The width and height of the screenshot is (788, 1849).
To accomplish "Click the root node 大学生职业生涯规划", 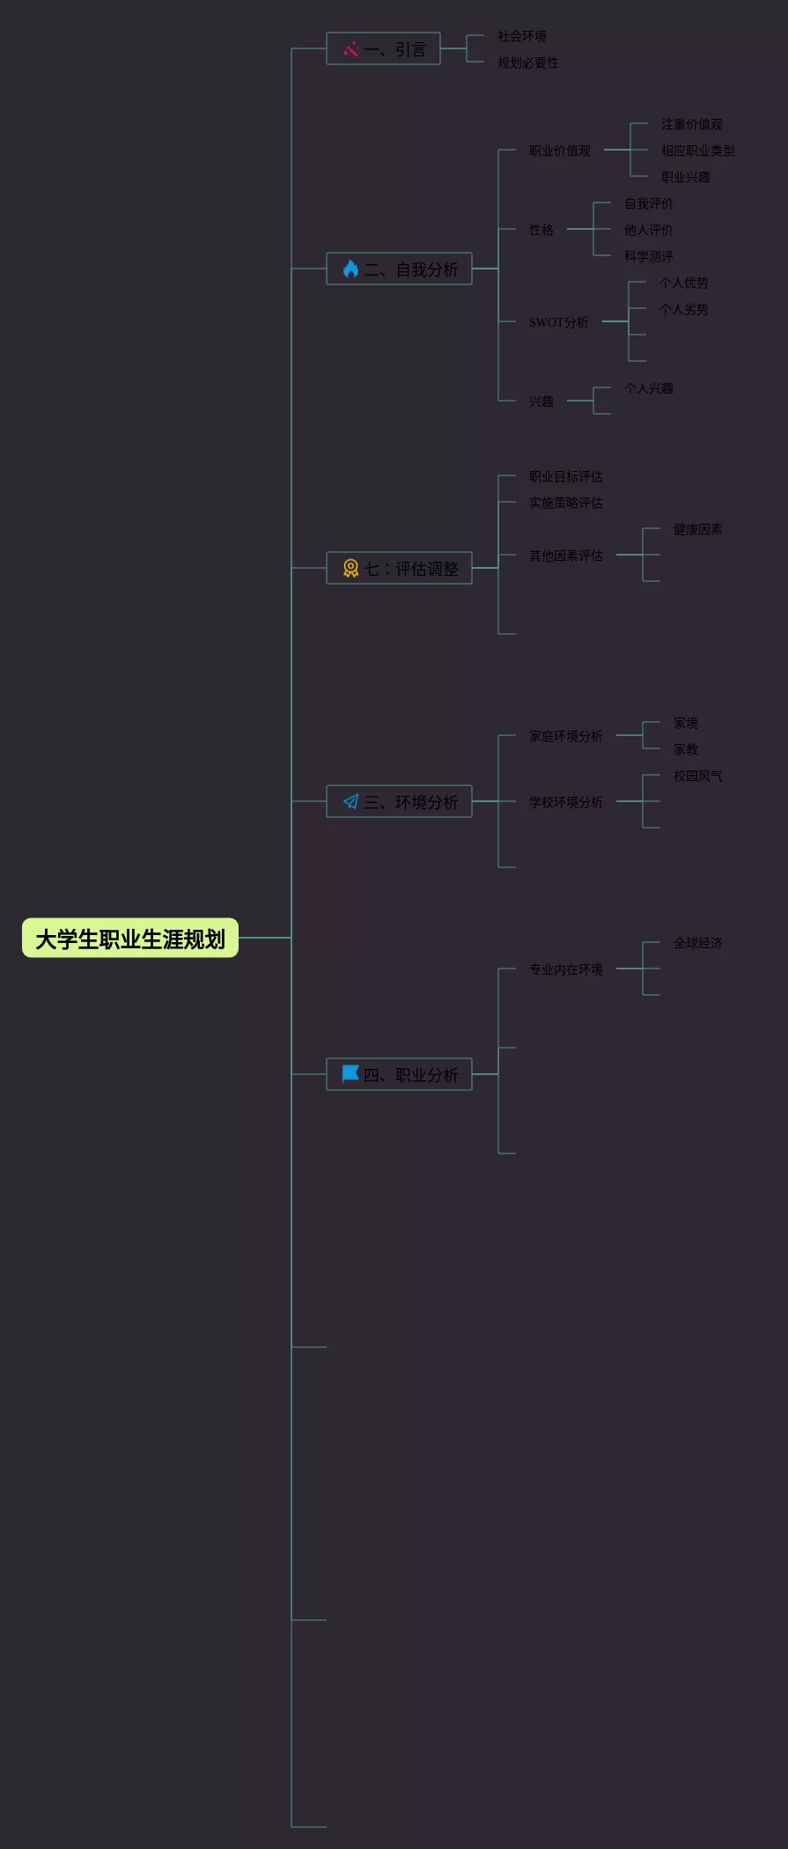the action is click(130, 939).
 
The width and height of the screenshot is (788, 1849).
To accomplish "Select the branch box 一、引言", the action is click(383, 49).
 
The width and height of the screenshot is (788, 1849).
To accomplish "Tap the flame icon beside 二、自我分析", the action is click(350, 269).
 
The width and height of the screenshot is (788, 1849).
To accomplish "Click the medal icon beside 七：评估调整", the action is click(350, 569).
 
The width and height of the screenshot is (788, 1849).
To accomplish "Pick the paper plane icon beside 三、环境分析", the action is click(350, 801).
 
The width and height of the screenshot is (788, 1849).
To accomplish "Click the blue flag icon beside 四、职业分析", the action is click(350, 1073).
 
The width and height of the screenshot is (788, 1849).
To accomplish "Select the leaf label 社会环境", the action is click(521, 36).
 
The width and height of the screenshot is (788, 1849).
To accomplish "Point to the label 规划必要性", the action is click(527, 63).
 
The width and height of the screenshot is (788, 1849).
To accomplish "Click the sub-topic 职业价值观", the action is click(559, 151).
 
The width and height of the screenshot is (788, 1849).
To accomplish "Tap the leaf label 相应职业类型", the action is click(697, 151).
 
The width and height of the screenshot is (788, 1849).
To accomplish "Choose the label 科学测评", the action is click(648, 256).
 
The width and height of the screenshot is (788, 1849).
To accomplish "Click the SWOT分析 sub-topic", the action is click(558, 322).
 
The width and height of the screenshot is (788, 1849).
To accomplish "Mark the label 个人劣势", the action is click(683, 309).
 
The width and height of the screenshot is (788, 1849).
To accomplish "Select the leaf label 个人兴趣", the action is click(648, 388).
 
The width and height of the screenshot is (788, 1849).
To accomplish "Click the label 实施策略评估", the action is click(565, 503).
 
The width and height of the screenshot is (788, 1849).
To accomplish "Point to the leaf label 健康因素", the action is click(697, 529).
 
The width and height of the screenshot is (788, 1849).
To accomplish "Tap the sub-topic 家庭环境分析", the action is click(565, 736).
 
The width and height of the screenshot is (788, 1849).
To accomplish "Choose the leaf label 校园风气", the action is click(697, 776).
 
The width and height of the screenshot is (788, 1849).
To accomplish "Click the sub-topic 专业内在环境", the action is click(565, 969).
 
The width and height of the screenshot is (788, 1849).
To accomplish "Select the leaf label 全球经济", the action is click(697, 943).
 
